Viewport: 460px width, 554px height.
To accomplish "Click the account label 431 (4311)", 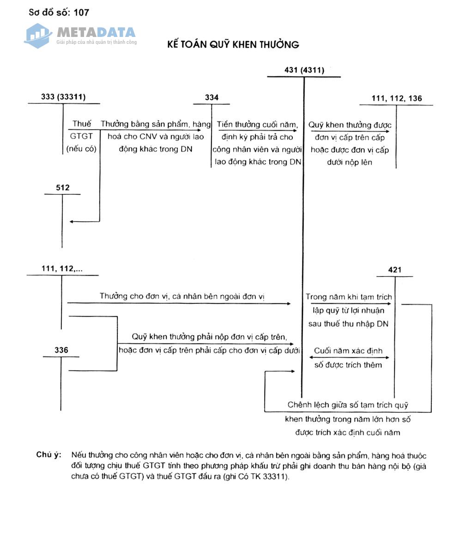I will tap(304, 70).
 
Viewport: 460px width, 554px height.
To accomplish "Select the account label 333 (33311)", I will tap(63, 97).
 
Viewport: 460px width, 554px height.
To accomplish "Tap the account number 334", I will tap(212, 97).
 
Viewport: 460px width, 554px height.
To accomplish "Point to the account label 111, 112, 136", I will tap(396, 98).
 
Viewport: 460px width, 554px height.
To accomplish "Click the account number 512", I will tap(62, 187).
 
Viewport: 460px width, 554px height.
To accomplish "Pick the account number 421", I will tap(394, 270).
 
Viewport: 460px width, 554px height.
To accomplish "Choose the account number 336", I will tap(61, 350).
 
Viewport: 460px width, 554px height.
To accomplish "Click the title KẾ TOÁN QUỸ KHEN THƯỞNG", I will tap(233, 45).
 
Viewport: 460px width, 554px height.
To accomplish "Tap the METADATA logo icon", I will tap(38, 35).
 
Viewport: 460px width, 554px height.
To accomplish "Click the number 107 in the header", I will tap(81, 13).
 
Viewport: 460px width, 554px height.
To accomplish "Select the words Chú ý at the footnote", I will tap(48, 455).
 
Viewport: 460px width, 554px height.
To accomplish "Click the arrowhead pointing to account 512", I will tap(72, 222).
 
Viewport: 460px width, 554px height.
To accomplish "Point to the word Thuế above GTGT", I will tap(82, 124).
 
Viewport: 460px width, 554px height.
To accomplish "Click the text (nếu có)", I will tap(81, 149).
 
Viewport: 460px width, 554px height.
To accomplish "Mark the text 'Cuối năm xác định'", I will tap(348, 351).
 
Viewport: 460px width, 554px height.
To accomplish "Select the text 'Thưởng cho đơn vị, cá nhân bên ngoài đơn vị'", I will tap(182, 296).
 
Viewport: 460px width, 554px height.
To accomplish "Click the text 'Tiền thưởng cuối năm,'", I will tap(257, 124).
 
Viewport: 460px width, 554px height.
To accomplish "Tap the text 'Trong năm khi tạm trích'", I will tap(348, 297).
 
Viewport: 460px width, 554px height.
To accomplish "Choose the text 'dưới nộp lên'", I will tap(350, 162).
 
